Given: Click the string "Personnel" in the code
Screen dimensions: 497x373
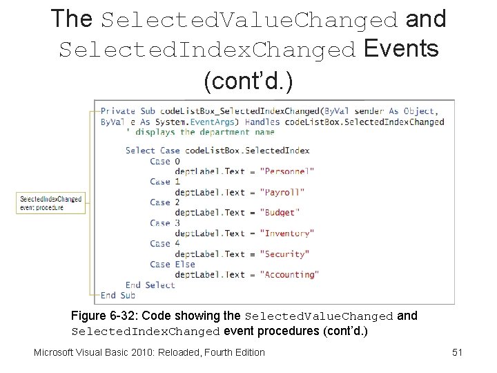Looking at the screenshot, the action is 287,171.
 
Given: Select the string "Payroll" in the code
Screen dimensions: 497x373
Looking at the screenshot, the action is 282,192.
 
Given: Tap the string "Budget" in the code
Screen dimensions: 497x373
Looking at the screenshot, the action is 280,213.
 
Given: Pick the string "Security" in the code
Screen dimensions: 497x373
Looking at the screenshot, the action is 284,254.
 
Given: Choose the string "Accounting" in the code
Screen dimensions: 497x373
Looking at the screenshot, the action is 289,274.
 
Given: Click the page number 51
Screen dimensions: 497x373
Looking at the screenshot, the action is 457,352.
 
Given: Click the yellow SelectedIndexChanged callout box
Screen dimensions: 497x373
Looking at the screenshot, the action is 51,203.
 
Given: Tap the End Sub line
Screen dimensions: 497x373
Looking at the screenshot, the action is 118,295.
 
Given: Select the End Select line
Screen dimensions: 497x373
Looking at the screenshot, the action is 150,285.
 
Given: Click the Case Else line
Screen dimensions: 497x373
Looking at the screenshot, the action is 173,264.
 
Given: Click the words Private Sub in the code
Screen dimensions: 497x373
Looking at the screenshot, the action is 128,111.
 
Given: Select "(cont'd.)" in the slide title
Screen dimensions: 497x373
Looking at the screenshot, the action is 248,81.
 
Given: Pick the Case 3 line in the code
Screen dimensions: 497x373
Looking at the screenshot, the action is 165,223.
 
